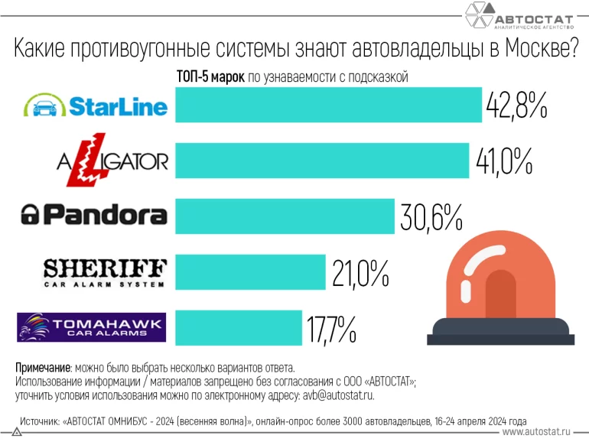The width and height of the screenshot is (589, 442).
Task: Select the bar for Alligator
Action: click(x=321, y=160)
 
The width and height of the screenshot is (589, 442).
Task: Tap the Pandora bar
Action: click(x=285, y=216)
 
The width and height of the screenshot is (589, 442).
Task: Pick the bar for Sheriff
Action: click(x=250, y=272)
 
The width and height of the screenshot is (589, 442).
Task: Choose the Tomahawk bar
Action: click(x=239, y=327)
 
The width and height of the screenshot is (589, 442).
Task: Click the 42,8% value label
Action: click(x=516, y=105)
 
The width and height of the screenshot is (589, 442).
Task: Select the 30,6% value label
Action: click(x=431, y=217)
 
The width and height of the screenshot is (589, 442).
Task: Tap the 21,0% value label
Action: click(x=361, y=273)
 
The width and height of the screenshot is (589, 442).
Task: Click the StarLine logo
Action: click(x=95, y=105)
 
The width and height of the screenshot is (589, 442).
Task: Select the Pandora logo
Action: click(x=93, y=215)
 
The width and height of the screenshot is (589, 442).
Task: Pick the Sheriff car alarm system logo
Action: click(x=104, y=272)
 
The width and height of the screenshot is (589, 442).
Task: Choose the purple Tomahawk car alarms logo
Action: click(x=91, y=327)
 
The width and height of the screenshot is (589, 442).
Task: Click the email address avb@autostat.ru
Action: click(x=334, y=396)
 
